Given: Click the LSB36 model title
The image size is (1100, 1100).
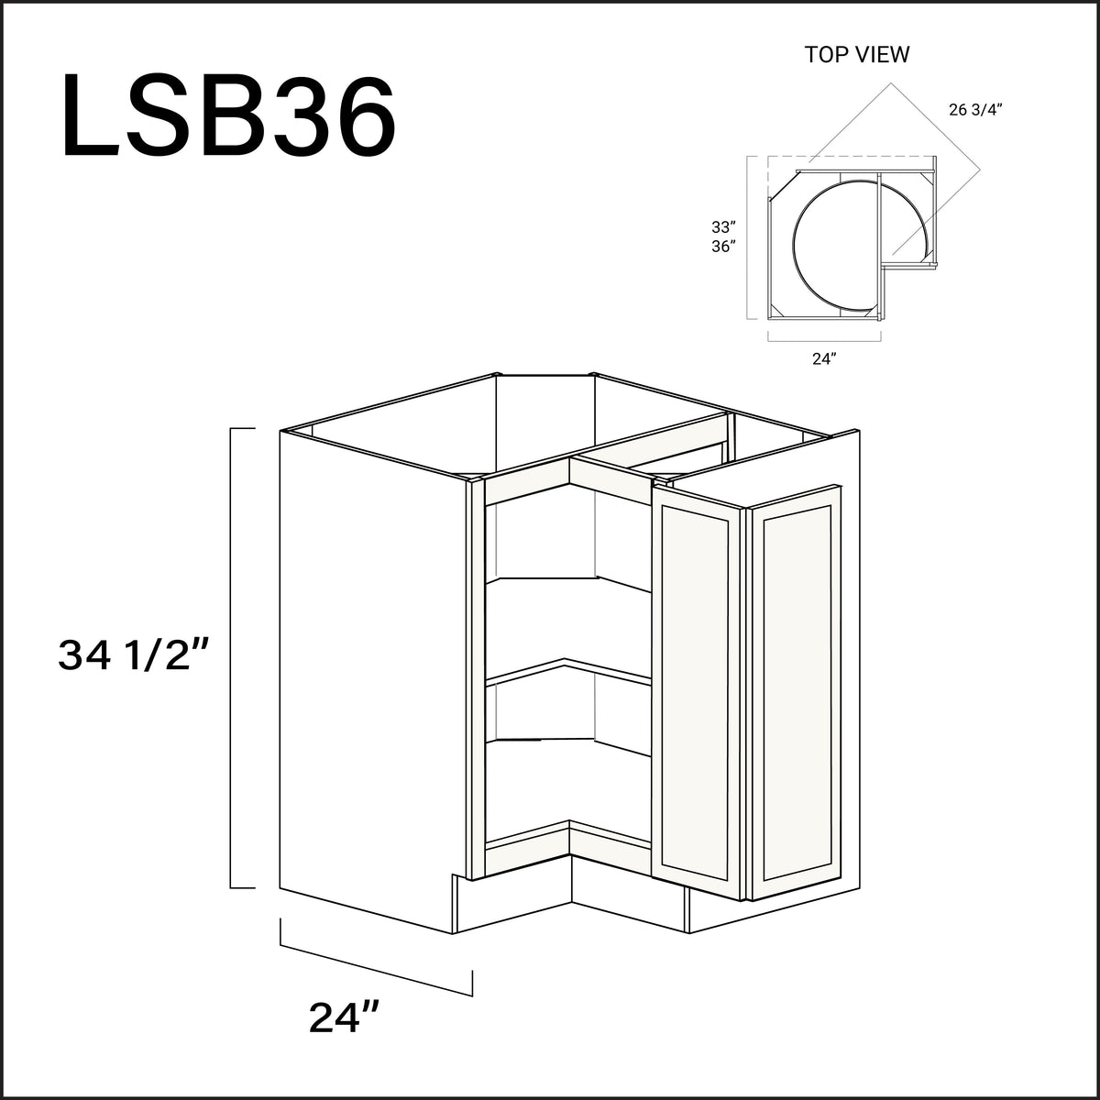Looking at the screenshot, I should (x=229, y=120).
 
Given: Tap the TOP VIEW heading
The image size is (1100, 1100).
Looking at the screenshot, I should (x=857, y=55).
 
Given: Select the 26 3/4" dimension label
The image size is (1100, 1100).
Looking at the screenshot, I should (x=975, y=110).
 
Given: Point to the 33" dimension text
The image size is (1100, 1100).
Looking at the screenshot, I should (x=723, y=226).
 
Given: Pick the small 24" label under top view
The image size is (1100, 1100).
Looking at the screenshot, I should (x=824, y=359).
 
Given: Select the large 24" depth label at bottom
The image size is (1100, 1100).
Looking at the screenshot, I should (x=345, y=1017).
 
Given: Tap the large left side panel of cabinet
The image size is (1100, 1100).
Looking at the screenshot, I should (x=367, y=678).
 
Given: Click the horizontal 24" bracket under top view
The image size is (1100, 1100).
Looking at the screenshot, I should (x=824, y=339).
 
